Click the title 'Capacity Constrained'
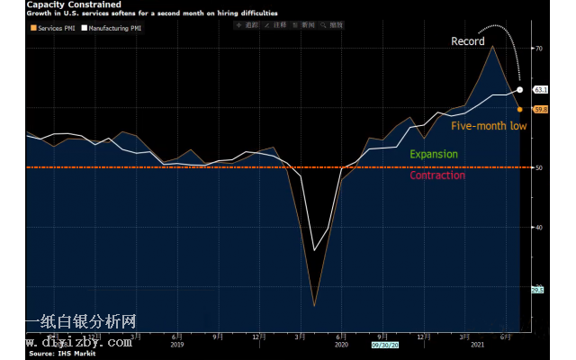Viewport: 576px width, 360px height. click(x=68, y=4)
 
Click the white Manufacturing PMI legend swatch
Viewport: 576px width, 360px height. click(x=83, y=27)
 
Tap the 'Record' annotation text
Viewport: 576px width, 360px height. click(x=468, y=41)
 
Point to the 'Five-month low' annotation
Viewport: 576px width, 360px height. click(x=489, y=126)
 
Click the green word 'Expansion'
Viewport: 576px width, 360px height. click(x=434, y=154)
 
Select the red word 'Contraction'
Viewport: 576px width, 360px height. click(x=437, y=175)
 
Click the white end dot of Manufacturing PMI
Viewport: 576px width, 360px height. click(x=521, y=90)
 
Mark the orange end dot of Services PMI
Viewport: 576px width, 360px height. click(x=520, y=109)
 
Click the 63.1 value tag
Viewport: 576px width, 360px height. click(x=541, y=90)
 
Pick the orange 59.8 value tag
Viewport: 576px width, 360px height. click(x=541, y=109)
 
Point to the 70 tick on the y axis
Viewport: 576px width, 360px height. click(x=539, y=48)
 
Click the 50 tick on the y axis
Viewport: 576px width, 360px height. click(x=539, y=167)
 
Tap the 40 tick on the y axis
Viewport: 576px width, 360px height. click(x=539, y=227)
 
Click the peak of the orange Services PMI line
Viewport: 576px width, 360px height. click(x=492, y=46)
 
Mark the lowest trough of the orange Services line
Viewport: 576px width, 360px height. click(x=314, y=306)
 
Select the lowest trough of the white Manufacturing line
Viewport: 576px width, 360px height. click(x=314, y=250)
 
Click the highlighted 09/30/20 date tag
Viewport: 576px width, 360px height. click(x=384, y=345)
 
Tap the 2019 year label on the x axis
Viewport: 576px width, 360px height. click(x=176, y=345)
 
